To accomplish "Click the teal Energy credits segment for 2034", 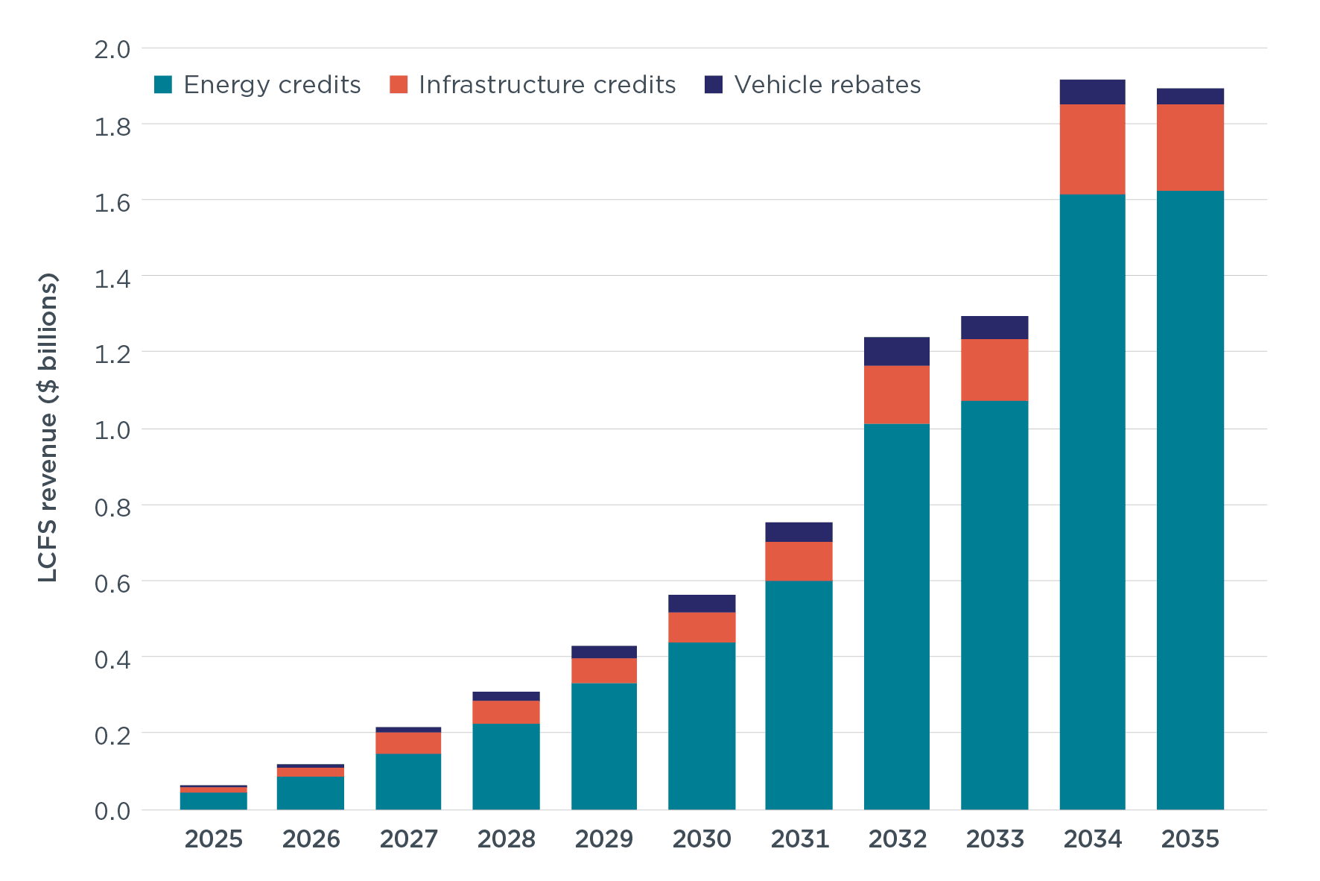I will [x=1092, y=502].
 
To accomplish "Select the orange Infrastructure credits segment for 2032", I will [x=897, y=394].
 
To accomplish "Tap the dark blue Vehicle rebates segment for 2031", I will [x=799, y=532].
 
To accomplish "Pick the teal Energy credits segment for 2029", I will [x=604, y=746].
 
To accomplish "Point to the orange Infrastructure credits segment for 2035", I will [x=1190, y=147].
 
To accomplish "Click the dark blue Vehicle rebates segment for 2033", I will [x=994, y=327].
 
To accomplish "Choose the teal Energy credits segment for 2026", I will [x=311, y=793].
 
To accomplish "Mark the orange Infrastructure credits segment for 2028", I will [x=506, y=712].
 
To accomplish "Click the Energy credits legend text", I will [x=272, y=85].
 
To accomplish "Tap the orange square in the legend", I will [x=399, y=84].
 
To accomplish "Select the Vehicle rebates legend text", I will [x=828, y=85].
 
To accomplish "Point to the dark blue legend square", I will [x=714, y=84].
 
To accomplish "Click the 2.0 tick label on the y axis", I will [x=112, y=50].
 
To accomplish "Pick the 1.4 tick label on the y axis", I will [x=112, y=280].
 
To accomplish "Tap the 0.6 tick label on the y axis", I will [x=112, y=584].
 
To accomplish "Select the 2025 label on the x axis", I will [x=214, y=839].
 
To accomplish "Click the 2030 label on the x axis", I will [x=702, y=839].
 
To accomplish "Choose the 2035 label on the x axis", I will [x=1190, y=839].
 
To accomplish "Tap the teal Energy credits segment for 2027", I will [x=408, y=781].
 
